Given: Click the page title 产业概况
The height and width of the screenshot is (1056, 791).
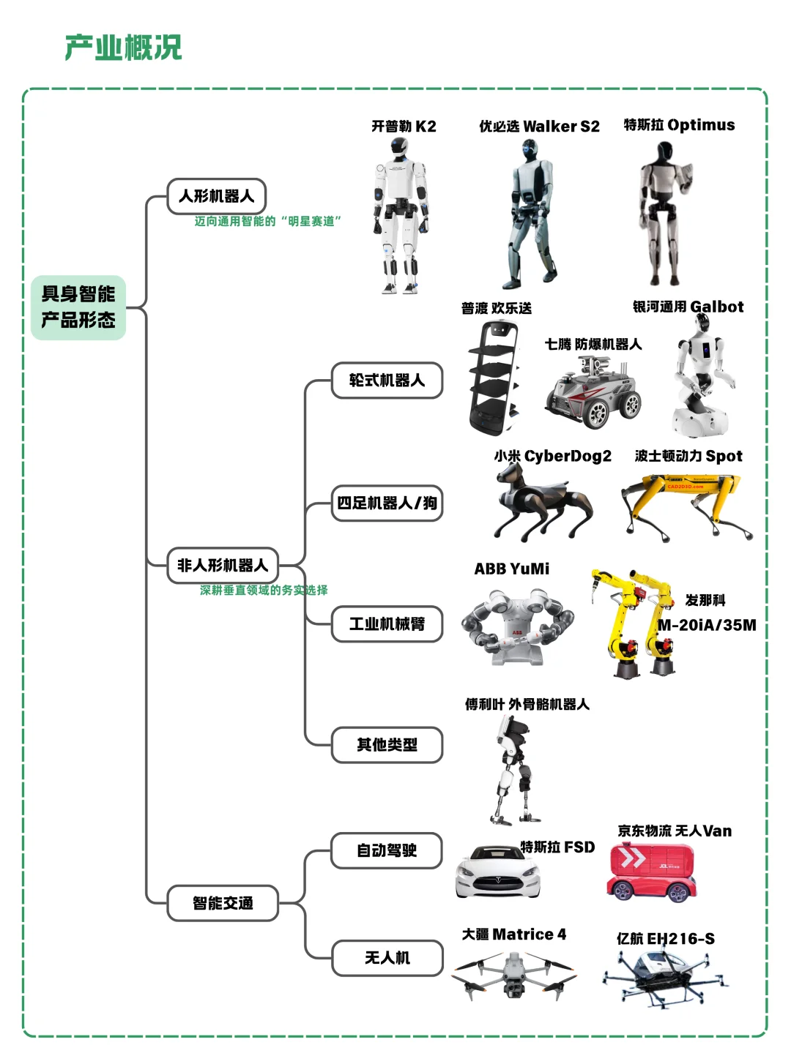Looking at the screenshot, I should tap(123, 48).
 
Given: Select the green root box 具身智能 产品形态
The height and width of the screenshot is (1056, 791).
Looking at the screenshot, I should tap(78, 307).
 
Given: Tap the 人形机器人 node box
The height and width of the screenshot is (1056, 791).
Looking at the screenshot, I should tap(216, 196).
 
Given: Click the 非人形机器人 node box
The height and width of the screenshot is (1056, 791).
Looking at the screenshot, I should tap(223, 566).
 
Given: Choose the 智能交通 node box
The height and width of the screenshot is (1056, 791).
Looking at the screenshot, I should tap(223, 903).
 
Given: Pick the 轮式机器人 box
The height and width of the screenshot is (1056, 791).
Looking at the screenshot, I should tap(387, 381).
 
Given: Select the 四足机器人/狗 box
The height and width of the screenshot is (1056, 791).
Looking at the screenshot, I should tap(387, 503).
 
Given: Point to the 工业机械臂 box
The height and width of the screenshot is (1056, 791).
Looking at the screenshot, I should tap(387, 624).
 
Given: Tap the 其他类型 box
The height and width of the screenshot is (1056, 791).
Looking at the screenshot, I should tap(387, 745).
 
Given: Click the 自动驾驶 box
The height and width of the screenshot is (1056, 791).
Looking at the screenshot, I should tap(387, 850).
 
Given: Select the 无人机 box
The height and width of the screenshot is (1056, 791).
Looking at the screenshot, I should tap(387, 958).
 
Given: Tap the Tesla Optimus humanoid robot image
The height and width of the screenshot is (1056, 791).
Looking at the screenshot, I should tap(664, 212).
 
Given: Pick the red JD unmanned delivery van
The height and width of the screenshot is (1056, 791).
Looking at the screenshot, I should tap(651, 872).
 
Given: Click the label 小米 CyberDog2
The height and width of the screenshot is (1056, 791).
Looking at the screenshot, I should tap(552, 457).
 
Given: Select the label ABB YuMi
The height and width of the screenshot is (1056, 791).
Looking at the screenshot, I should tap(511, 569).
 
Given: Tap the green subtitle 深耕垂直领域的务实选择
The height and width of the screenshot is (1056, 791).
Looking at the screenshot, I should tap(264, 590).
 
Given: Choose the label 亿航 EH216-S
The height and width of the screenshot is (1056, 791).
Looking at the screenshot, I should tap(665, 938).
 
